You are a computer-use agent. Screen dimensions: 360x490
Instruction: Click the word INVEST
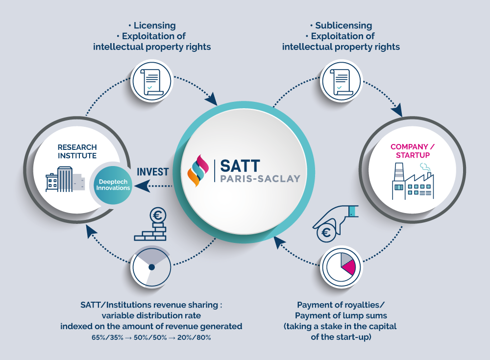click(153, 172)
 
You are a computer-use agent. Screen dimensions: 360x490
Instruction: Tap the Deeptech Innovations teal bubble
click(113, 185)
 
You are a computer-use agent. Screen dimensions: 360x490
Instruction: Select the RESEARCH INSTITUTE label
click(77, 151)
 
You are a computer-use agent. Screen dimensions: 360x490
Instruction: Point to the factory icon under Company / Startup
click(412, 182)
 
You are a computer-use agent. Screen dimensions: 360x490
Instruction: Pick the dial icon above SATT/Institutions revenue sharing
click(151, 267)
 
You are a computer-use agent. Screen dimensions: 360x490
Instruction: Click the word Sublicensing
click(343, 25)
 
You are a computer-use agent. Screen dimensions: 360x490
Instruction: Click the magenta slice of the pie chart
click(348, 267)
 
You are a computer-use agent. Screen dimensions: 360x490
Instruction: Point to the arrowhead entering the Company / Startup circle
click(399, 112)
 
